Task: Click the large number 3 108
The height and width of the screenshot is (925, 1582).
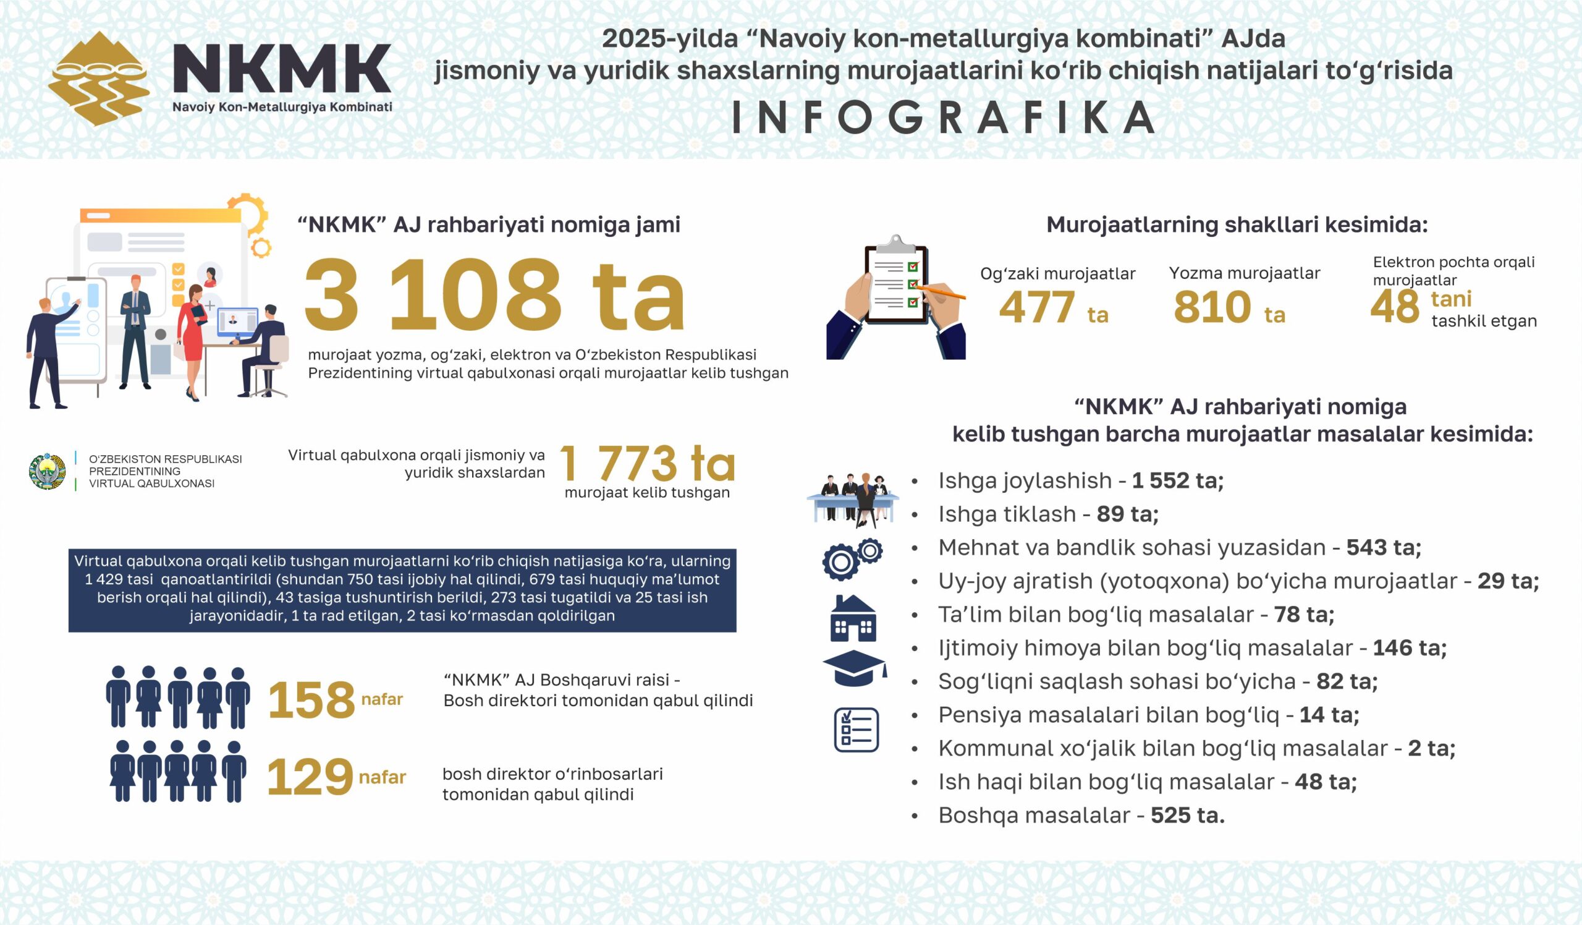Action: pos(433,295)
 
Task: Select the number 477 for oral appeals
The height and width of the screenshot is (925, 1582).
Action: pos(1036,308)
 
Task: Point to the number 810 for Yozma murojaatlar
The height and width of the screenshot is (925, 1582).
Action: pos(1212,308)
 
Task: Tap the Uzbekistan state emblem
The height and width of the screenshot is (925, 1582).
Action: pos(47,471)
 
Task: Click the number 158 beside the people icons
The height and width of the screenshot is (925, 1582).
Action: pos(311,699)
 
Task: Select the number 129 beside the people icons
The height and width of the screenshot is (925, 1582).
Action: pos(310,777)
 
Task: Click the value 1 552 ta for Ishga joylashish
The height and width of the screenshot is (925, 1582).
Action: pos(1178,481)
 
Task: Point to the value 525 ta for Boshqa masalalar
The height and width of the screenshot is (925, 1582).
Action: pos(1187,816)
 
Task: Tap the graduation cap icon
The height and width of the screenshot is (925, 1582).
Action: pos(855,668)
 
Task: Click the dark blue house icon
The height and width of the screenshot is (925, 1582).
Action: pos(853,618)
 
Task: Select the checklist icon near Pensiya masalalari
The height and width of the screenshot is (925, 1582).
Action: pos(856,730)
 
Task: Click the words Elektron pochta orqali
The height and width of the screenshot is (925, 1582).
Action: pos(1453,263)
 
